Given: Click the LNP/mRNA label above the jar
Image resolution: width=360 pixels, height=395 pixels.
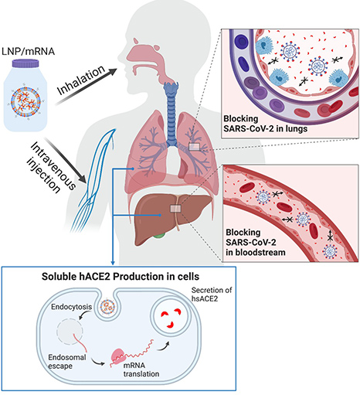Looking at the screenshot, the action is click(x=28, y=51).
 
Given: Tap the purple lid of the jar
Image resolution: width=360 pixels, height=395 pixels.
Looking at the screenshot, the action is click(x=25, y=63).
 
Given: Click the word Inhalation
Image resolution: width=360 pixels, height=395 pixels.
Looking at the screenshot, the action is click(x=81, y=80).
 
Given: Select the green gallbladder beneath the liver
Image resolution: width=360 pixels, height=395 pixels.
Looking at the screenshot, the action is click(x=159, y=235).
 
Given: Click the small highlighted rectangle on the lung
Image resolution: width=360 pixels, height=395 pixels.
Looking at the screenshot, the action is click(x=194, y=147).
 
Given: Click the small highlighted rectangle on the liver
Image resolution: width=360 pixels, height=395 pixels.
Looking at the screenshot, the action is click(x=176, y=208).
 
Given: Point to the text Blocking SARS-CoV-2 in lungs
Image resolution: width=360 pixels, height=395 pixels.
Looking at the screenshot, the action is click(x=265, y=124).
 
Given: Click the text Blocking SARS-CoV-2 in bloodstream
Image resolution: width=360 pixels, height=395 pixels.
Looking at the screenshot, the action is click(x=256, y=242).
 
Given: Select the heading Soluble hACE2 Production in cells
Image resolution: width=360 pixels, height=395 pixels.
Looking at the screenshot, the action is click(x=121, y=277).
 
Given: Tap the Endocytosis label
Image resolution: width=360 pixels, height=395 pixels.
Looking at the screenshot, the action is click(x=71, y=307).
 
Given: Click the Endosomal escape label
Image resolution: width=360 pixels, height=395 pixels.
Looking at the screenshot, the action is click(x=67, y=362).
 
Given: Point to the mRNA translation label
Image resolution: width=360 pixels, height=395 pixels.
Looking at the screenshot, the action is click(x=141, y=369).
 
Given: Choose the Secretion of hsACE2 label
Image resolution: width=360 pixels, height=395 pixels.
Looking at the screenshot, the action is click(x=212, y=295).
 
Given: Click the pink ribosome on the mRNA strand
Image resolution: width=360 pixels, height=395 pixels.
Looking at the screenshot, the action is click(x=119, y=356).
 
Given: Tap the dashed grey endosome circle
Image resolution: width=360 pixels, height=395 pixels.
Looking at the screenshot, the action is click(x=70, y=332).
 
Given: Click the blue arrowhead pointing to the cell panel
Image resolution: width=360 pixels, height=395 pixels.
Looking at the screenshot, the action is click(x=113, y=263).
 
